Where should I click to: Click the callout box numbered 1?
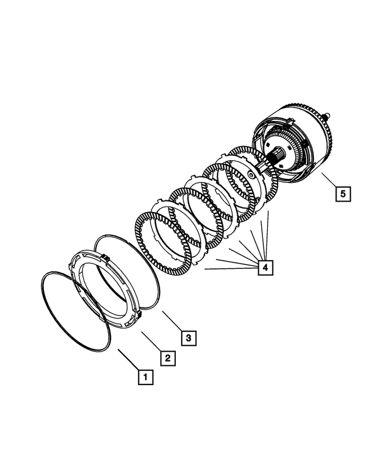(x=145, y=377)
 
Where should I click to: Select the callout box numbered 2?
(x=167, y=358)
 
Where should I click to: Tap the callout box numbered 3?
(x=188, y=338)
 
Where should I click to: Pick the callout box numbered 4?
(x=265, y=268)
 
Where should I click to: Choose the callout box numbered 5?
(x=343, y=193)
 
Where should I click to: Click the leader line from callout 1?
(x=128, y=359)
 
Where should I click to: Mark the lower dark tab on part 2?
(x=141, y=316)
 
